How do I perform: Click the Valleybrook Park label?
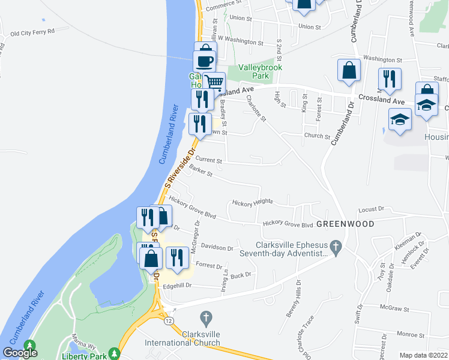tap(260, 72)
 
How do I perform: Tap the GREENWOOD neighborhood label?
tap(345, 224)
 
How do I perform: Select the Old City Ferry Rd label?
tap(32, 31)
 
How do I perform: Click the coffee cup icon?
tap(204, 61)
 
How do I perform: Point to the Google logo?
tap(20, 353)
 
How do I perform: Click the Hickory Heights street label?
tap(252, 203)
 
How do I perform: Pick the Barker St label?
tap(201, 172)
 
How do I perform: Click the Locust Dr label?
tap(370, 209)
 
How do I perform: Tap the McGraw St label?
tap(394, 310)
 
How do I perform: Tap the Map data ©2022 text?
tap(423, 355)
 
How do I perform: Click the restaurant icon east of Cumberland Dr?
tap(389, 79)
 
